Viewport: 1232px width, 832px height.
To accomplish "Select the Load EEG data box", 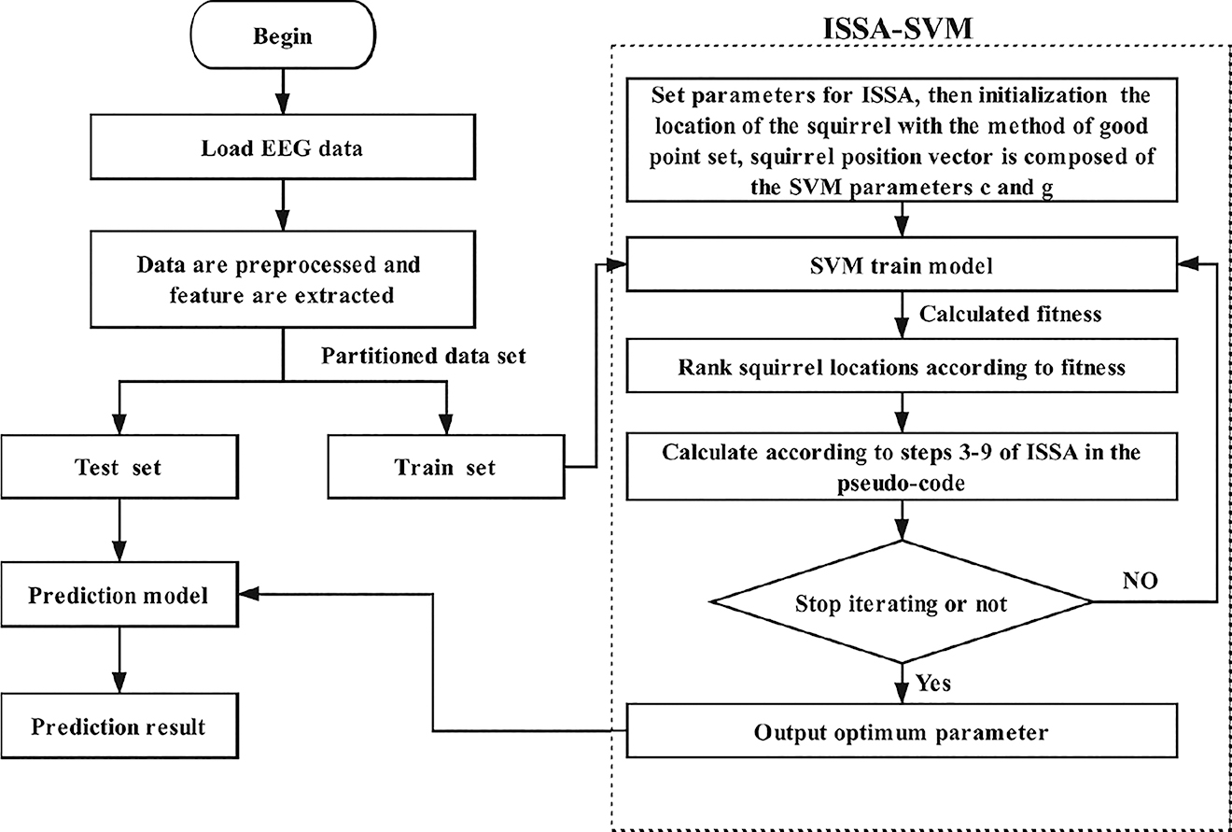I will click(x=281, y=150).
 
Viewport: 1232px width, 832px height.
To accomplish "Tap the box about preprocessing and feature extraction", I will click(x=281, y=278).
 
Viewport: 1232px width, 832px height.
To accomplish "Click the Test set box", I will click(x=118, y=468).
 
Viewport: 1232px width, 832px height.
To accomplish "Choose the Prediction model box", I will click(x=118, y=595).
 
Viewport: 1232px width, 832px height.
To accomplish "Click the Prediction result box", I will click(x=118, y=726).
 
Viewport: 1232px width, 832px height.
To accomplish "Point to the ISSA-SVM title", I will click(x=899, y=29).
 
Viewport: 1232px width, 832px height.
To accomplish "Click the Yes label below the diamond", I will click(x=932, y=684).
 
